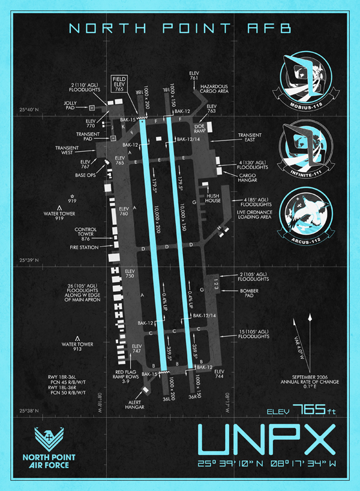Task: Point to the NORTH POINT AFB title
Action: (180, 28)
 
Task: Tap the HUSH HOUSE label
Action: (214, 197)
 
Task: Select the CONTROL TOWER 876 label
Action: (85, 234)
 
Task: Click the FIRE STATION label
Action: (83, 247)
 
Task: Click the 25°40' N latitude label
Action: (29, 110)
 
